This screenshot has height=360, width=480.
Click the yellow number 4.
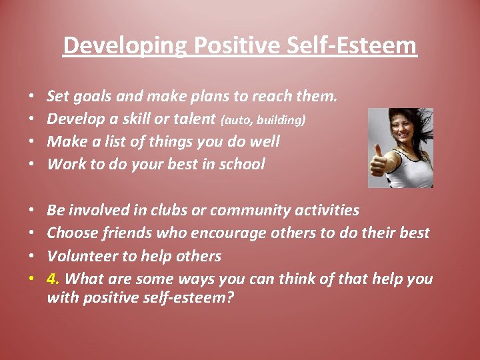pos(53,279)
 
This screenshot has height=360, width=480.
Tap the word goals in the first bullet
pos(93,97)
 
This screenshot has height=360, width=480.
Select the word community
pos(253,211)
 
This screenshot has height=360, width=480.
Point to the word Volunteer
pos(79,256)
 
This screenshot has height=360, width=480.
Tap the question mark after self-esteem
pos(230,297)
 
